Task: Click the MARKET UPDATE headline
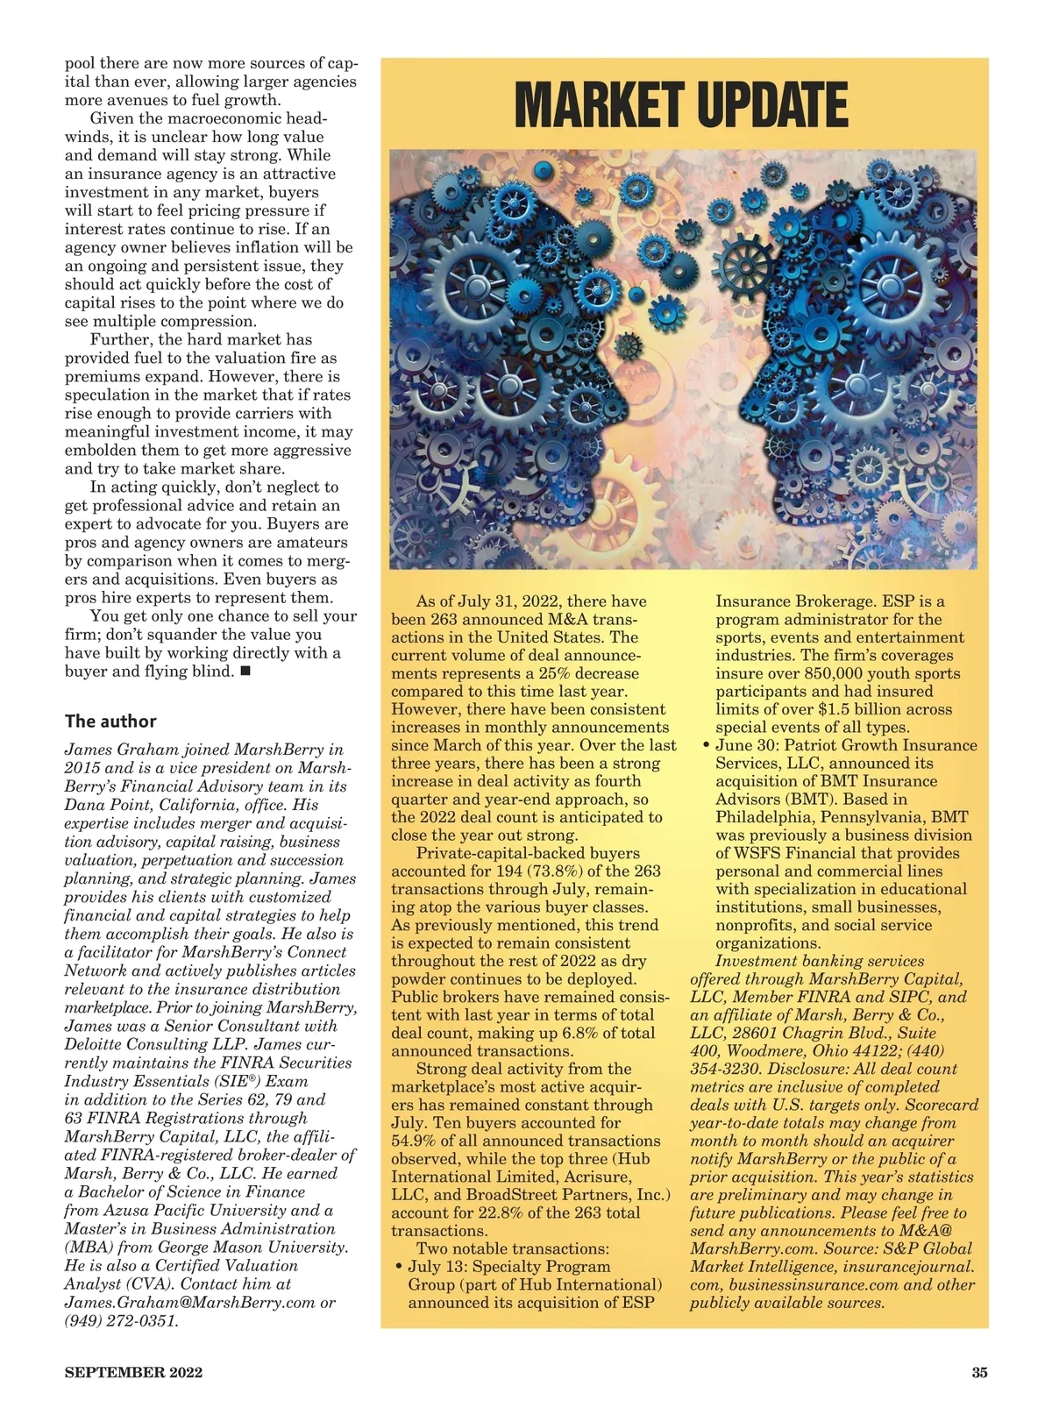tap(681, 105)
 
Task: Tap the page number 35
tap(979, 1372)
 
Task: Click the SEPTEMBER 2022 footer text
tap(133, 1372)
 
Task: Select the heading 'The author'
tap(110, 722)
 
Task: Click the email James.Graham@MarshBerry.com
tap(189, 1302)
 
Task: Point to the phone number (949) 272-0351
tap(121, 1320)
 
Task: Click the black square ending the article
tap(245, 672)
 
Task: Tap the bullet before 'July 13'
tap(399, 1267)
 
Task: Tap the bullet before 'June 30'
tap(707, 746)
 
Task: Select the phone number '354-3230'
tap(725, 1069)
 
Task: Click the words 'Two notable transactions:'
tap(512, 1248)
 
